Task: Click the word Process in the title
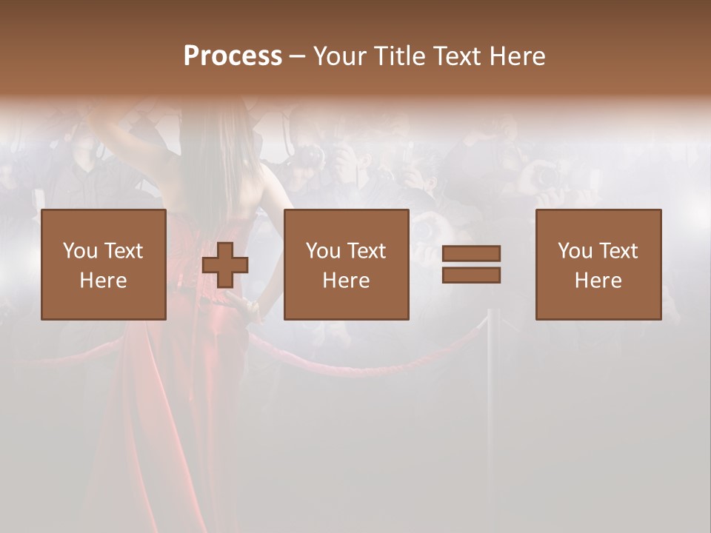233,56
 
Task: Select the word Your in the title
340,56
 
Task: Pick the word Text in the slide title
455,56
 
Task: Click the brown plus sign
225,265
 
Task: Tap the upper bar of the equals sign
471,253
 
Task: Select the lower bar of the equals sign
471,275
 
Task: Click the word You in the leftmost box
79,251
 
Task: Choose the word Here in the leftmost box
103,281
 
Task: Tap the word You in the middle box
323,251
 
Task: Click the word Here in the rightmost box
598,281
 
